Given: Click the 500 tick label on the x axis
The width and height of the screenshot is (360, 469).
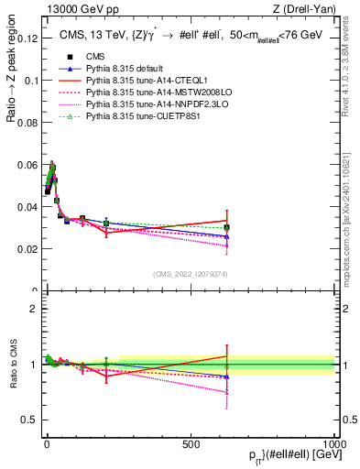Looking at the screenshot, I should (191, 442).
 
